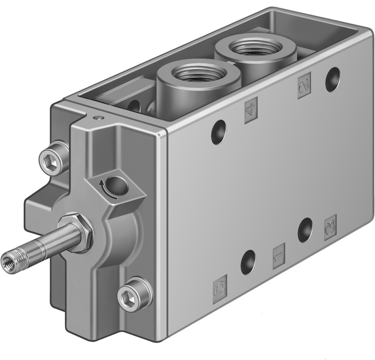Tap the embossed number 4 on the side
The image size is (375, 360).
(251, 110)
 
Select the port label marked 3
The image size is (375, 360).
(330, 227)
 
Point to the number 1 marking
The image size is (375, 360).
(279, 255)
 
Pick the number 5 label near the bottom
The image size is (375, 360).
(220, 288)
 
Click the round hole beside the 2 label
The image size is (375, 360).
(332, 79)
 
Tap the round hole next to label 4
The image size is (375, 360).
(219, 132)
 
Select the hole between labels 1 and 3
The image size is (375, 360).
(305, 230)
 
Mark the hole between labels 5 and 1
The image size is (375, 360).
(248, 262)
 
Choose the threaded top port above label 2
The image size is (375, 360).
(255, 47)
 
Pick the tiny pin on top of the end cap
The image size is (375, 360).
(98, 118)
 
